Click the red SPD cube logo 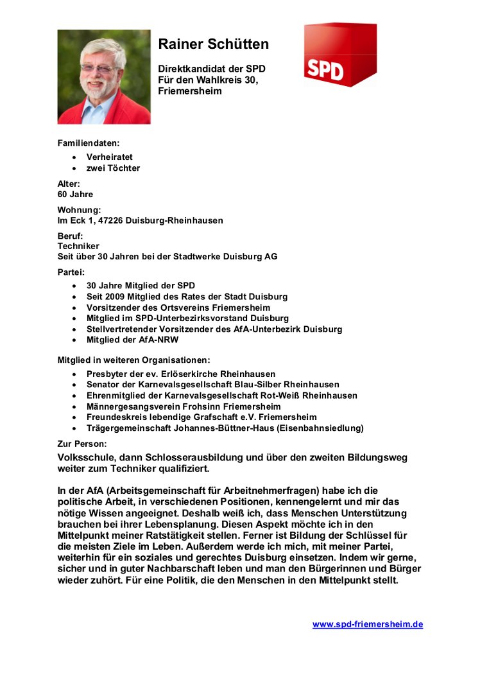339,56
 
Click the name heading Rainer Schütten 213,44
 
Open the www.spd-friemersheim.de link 368,624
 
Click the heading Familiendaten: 89,143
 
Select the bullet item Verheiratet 110,157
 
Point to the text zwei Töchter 113,168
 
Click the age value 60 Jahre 75,194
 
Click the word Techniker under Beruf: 78,246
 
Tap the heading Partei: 71,272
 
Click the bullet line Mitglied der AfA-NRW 133,340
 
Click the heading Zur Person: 82,444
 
